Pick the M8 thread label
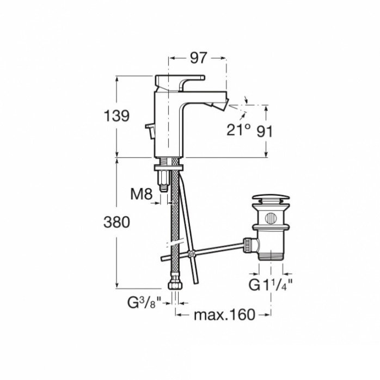pos(140,193)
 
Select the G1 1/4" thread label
pos(271,284)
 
